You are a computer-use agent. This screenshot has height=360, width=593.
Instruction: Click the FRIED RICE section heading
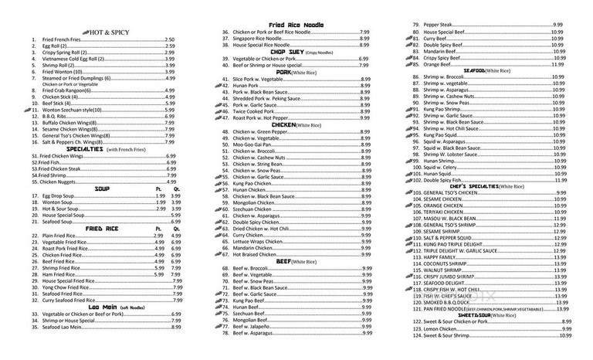pyautogui.click(x=101, y=229)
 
